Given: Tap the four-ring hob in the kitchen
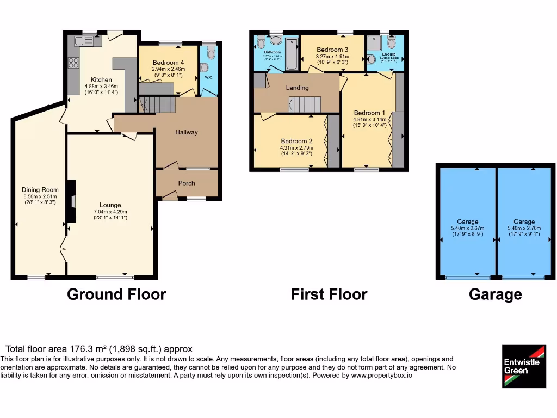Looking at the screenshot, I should (72, 63).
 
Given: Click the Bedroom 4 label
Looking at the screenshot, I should (168, 63).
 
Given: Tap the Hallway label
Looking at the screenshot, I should (187, 132).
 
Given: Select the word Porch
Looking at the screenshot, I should (187, 183).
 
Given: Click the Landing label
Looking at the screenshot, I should (297, 88).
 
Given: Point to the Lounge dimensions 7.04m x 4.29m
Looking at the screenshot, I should (110, 212).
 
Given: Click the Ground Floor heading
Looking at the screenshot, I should (116, 294).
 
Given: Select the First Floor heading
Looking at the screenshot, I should (329, 294).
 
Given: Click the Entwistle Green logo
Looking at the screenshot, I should (523, 366).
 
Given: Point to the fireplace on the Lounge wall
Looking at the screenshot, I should (71, 202).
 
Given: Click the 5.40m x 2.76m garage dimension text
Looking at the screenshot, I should (524, 228).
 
